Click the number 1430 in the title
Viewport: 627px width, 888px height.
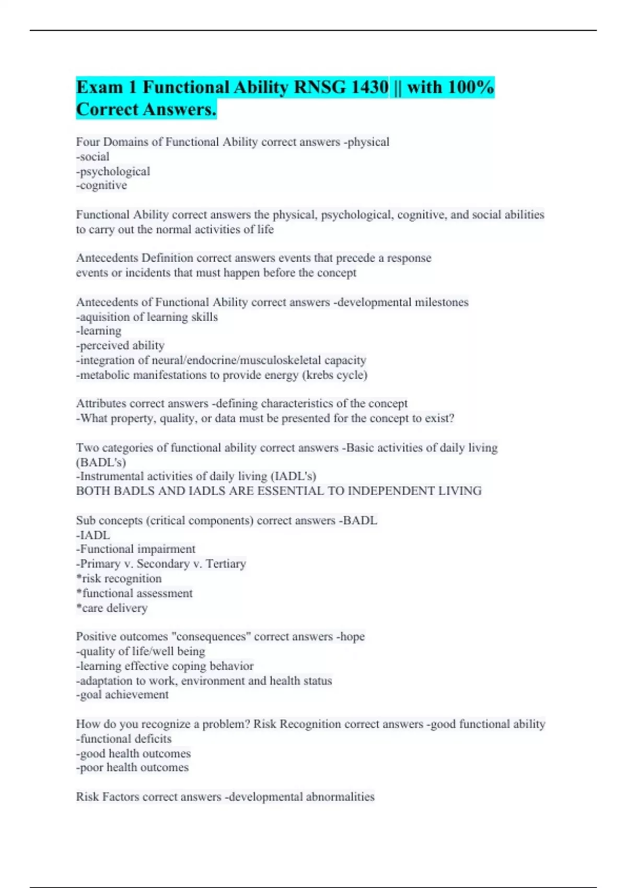tap(369, 87)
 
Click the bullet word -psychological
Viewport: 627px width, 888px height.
tap(113, 171)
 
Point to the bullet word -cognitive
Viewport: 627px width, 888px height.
tap(101, 185)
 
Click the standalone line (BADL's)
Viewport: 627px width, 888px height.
tap(101, 462)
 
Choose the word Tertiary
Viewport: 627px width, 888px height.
tap(226, 564)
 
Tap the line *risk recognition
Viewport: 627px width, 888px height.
tap(119, 579)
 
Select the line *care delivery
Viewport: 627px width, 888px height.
tap(112, 608)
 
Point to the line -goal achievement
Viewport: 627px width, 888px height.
tap(122, 695)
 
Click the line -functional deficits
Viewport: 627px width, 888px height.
tap(124, 739)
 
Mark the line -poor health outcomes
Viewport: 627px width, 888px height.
tap(132, 768)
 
